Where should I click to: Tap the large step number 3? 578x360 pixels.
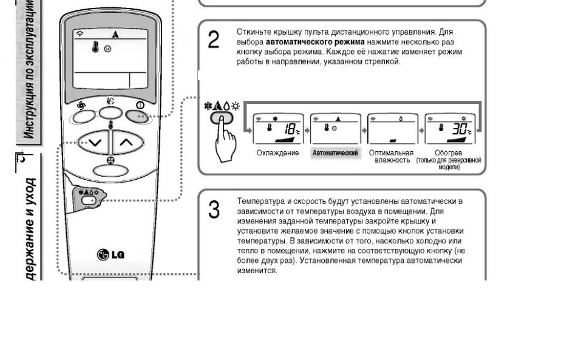(214, 210)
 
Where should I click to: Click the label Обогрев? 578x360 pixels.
(449, 152)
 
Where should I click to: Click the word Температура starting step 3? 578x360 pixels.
(256, 201)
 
